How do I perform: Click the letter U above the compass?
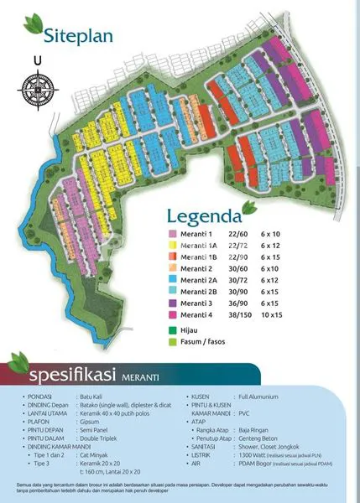[x=37, y=60]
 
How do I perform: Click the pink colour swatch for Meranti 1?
[x=171, y=234]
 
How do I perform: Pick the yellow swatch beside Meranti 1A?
[x=171, y=246]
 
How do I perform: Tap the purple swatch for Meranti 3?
[x=171, y=302]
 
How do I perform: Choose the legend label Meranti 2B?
[x=200, y=291]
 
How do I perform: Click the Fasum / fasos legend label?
[x=205, y=342]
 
